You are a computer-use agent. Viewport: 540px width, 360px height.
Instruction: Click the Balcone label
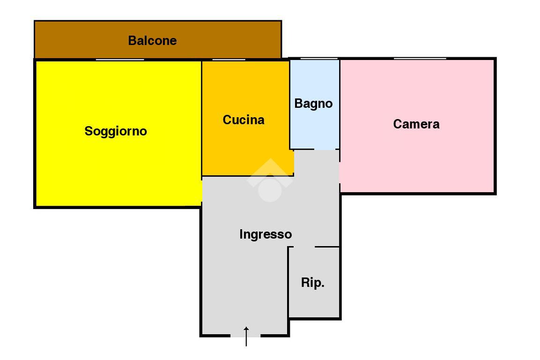(x=152, y=41)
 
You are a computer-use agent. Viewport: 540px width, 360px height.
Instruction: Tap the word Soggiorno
(x=116, y=131)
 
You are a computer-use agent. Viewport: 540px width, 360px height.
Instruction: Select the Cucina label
(x=244, y=120)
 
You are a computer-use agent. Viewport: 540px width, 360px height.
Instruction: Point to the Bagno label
(x=313, y=104)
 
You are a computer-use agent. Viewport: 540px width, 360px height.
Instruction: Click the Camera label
(x=416, y=124)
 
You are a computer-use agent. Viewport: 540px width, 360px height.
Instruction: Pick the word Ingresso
(x=266, y=234)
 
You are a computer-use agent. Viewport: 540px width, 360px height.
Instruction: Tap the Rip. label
(x=313, y=283)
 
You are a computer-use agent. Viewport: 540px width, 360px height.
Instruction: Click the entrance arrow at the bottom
(x=246, y=336)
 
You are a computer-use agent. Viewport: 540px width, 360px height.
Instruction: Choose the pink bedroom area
(x=417, y=159)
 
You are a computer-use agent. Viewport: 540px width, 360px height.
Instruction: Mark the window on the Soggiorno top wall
(x=120, y=60)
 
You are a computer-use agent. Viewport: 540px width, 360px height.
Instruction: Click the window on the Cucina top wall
(x=229, y=60)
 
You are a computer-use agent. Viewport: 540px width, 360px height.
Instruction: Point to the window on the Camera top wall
(x=420, y=58)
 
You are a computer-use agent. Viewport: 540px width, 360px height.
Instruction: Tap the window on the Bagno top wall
(x=319, y=58)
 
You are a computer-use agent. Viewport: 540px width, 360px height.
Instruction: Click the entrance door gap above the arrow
(x=245, y=335)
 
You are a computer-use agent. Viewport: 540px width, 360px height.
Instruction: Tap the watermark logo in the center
(x=270, y=180)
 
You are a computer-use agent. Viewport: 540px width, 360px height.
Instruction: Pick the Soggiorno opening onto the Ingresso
(x=201, y=192)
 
